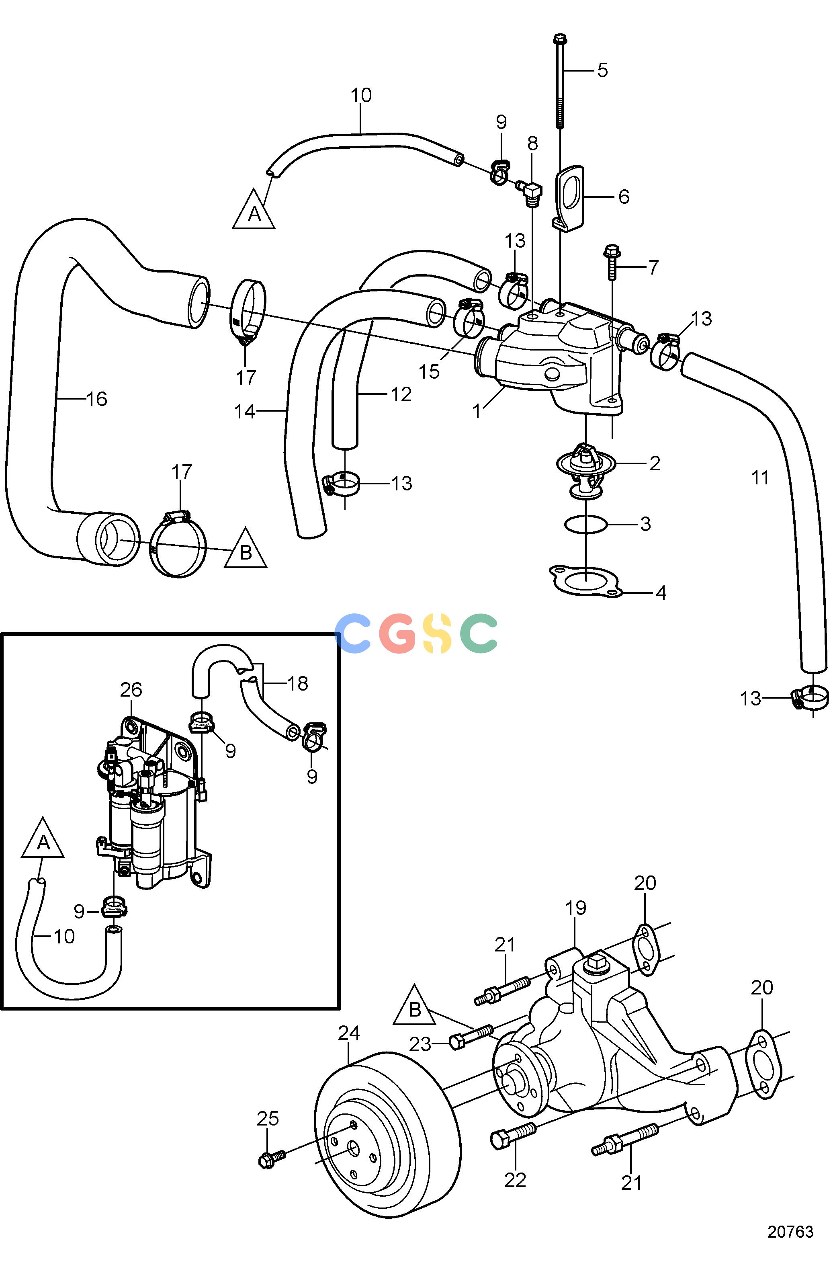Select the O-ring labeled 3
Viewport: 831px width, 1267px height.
[585, 525]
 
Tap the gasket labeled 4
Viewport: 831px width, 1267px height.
[585, 581]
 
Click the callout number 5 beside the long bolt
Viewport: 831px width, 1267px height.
[602, 70]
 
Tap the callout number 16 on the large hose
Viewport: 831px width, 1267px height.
[96, 399]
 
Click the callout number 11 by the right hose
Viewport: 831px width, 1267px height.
[759, 478]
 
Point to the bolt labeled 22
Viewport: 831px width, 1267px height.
[513, 1134]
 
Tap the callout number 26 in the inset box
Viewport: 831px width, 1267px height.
[131, 690]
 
